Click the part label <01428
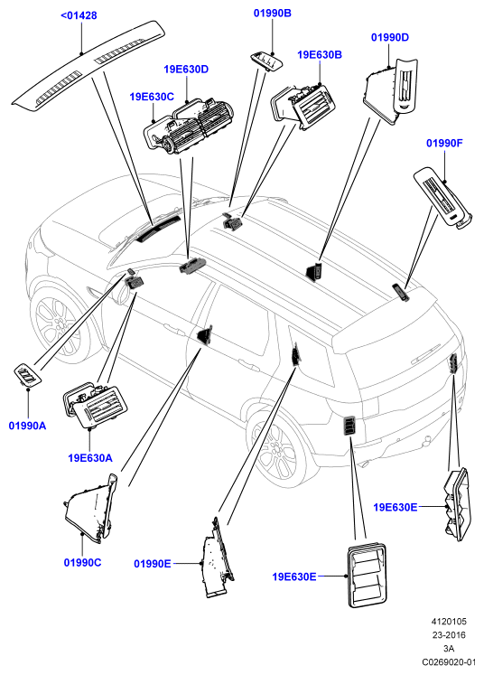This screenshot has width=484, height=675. point(79,15)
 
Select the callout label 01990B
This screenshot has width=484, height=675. point(273,13)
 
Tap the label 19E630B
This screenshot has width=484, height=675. point(320,55)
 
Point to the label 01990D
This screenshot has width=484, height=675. point(390,37)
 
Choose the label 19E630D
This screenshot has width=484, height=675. point(186,70)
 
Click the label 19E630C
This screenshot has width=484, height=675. point(152,97)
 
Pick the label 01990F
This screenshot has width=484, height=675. point(444,143)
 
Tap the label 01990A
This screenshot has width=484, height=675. point(27,426)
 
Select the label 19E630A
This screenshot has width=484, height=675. point(90,458)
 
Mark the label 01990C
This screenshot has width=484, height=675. point(82,563)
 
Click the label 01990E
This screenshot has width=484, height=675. point(153,564)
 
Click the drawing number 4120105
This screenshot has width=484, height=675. point(449,622)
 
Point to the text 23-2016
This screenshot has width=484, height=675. point(449,635)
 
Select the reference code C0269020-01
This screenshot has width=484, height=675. point(449,661)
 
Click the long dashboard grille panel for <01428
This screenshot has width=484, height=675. point(88,67)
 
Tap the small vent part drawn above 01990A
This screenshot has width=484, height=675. point(28,374)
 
